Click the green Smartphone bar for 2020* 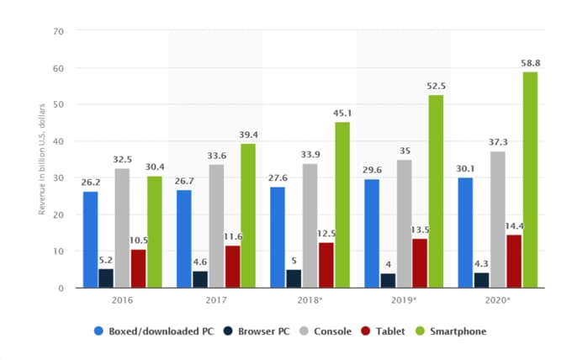tap(529, 180)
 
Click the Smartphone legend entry tap(455, 331)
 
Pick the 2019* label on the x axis tap(407, 299)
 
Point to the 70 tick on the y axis tap(58, 32)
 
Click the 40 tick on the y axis tap(58, 141)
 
